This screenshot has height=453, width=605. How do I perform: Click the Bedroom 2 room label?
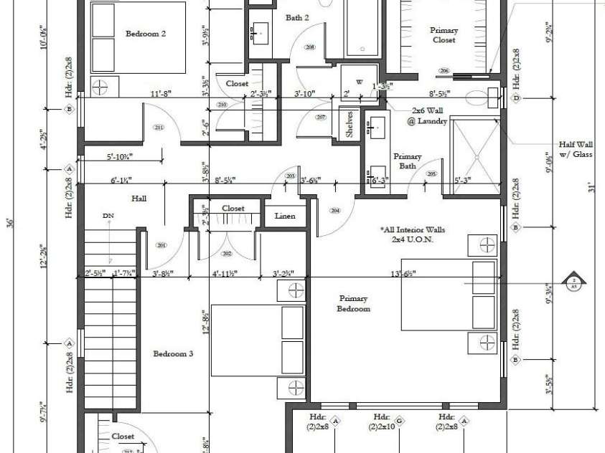[x=146, y=33]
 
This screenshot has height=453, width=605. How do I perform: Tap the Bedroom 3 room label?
[x=173, y=353]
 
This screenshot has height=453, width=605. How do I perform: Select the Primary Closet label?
[x=444, y=35]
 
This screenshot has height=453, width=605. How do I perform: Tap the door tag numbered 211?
[x=159, y=127]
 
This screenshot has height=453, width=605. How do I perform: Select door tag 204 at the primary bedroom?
[x=334, y=210]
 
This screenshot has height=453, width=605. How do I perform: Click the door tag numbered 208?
[x=310, y=47]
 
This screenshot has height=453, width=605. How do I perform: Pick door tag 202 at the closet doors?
[x=228, y=254]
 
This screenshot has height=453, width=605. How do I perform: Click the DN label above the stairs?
[x=108, y=215]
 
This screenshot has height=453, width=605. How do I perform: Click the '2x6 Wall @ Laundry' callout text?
[x=429, y=116]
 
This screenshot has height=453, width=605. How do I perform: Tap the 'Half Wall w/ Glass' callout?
[x=576, y=149]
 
